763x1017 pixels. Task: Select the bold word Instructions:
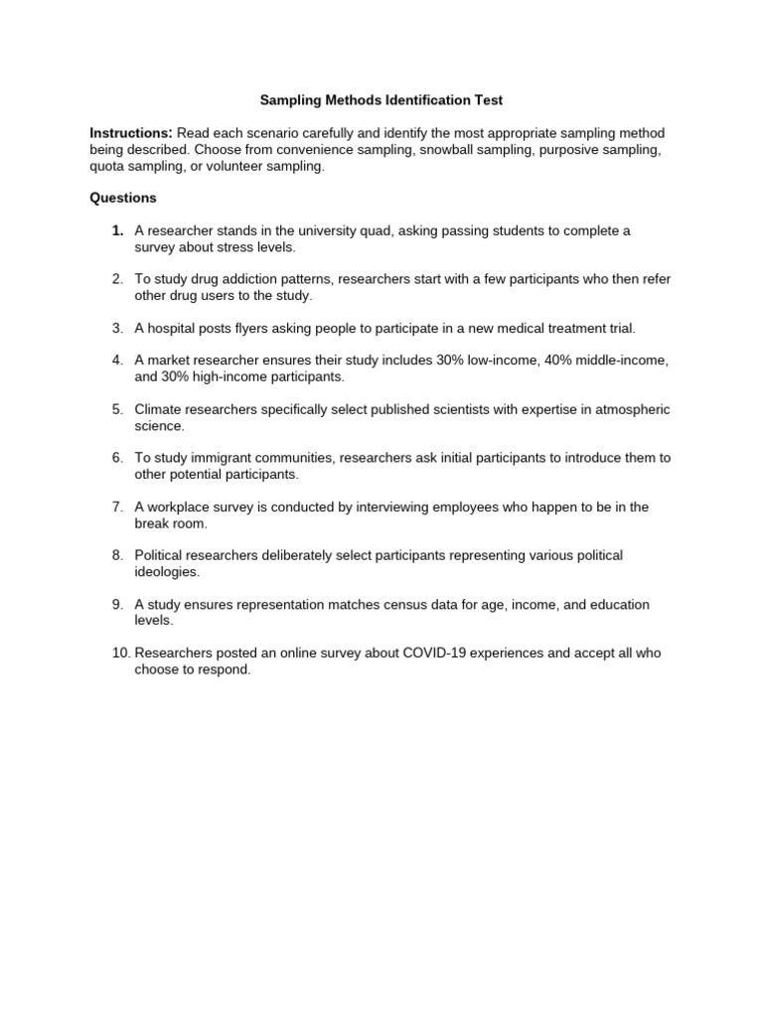[x=131, y=133]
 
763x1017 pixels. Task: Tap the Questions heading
[x=123, y=198]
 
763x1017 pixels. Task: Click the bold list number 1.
[x=117, y=230]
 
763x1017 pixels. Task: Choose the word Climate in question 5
[x=160, y=409]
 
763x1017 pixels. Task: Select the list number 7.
[x=117, y=507]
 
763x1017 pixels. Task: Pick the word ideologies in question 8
[x=167, y=572]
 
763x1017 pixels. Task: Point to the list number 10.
[x=119, y=654]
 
